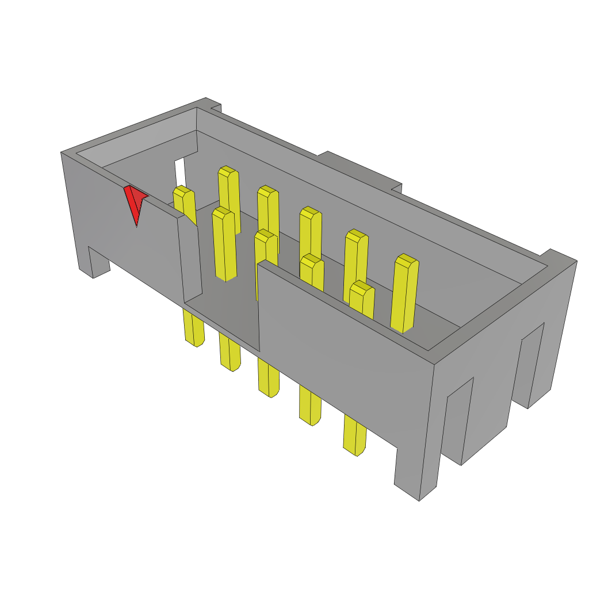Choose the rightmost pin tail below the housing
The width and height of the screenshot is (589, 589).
point(355,434)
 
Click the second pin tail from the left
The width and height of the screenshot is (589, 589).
point(230,354)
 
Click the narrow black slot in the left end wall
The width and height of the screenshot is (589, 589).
point(180,173)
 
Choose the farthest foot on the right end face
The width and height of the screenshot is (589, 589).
point(532,368)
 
